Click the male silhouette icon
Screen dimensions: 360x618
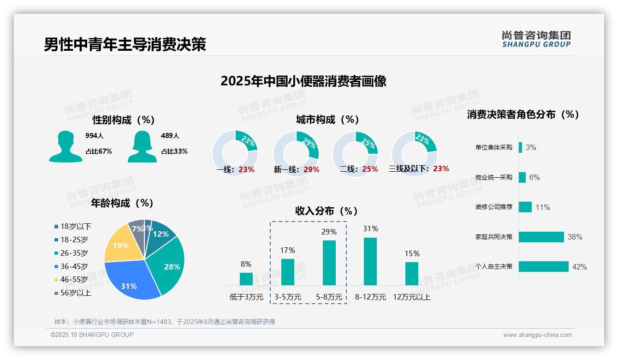point(65,147)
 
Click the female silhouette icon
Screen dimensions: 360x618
point(142,147)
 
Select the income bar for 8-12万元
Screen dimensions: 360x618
point(370,261)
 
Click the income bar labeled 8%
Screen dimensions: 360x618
point(246,279)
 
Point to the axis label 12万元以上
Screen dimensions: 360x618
point(412,297)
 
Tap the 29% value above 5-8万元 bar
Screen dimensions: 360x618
point(329,232)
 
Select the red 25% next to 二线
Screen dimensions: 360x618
point(370,169)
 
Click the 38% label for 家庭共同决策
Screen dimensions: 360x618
point(575,237)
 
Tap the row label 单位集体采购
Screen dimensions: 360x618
point(494,148)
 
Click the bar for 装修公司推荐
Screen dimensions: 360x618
point(525,207)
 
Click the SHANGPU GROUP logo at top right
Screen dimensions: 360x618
point(536,39)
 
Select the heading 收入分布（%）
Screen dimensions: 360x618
point(327,211)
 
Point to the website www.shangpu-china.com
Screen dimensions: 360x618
point(537,335)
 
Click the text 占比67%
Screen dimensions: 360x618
point(99,151)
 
